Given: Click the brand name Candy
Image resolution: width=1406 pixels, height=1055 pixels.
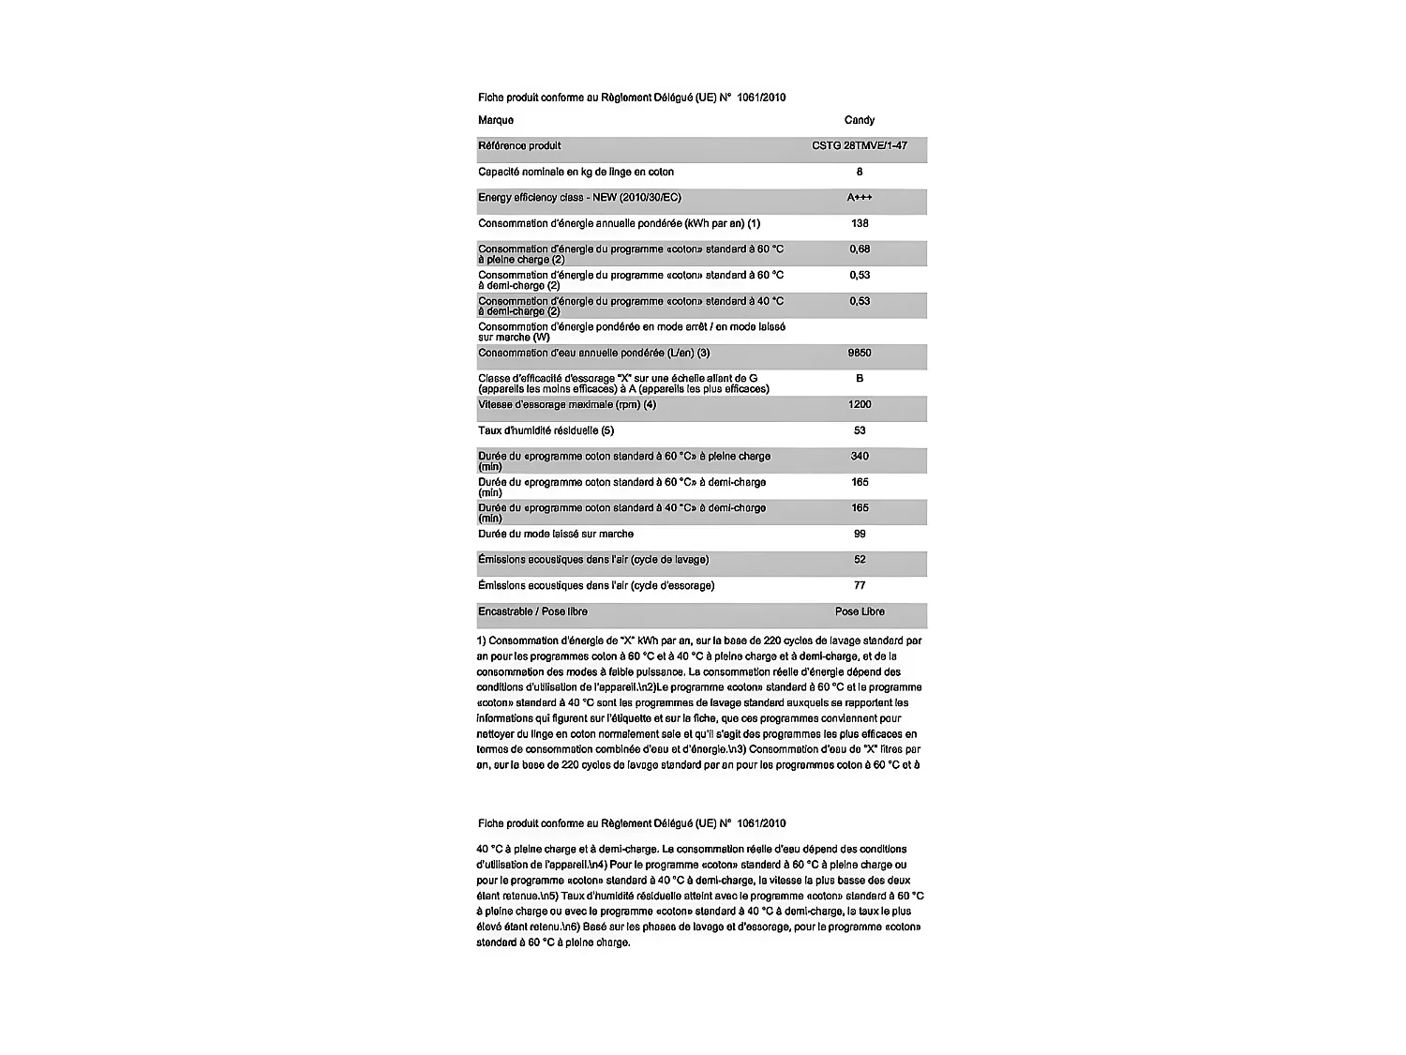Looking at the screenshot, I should (859, 120).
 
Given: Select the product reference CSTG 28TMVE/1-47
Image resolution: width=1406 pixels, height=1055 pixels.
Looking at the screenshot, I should (859, 145).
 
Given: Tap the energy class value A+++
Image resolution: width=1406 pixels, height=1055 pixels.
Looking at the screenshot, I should (859, 197).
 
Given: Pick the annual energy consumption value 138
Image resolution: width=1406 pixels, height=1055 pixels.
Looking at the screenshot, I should (859, 223).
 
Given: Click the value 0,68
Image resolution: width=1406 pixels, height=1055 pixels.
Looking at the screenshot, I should (859, 249).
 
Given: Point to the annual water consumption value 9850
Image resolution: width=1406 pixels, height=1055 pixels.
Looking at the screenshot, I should (859, 353).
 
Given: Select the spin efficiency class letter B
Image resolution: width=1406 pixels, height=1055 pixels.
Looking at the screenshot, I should (859, 379).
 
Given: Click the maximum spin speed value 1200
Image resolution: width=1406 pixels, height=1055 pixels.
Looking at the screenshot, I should (859, 404).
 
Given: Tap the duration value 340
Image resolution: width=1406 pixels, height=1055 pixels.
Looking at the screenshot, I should (859, 457).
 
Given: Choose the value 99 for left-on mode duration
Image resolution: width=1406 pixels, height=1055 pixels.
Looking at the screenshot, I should (859, 534).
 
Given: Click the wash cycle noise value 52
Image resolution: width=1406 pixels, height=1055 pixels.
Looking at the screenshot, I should (859, 560).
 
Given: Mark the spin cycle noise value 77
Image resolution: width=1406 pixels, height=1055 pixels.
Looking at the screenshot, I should (859, 585).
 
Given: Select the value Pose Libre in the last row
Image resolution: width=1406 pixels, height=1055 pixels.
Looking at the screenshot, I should (859, 611).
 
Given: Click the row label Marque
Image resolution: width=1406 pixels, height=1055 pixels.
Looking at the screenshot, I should (496, 120).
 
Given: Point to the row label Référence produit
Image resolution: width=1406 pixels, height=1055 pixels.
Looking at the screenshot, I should (519, 145).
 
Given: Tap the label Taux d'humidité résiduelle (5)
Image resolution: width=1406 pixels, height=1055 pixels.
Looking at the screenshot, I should (546, 430).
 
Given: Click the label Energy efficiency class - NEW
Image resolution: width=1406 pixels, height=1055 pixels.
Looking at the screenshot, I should (579, 197).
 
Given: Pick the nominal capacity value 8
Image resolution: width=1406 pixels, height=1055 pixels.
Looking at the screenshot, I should (859, 172).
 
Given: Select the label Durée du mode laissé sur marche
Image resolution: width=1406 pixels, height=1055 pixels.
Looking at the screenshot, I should (555, 534).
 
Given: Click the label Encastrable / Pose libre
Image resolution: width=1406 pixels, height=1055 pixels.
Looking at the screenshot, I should (532, 611).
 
